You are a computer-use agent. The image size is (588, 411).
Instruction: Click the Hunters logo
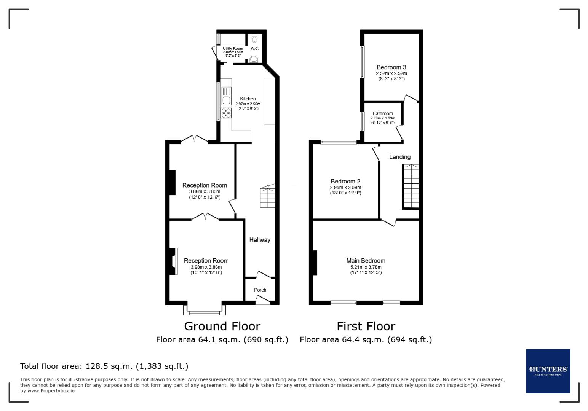548,371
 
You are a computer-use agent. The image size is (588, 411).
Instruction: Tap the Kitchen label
248,99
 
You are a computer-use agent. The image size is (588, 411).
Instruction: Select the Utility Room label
233,49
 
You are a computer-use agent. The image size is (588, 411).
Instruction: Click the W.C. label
255,49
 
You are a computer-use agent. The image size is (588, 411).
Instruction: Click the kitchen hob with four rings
226,113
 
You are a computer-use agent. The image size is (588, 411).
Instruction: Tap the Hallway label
260,240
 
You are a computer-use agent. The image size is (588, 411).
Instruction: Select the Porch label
260,290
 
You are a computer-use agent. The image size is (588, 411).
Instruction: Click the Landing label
400,157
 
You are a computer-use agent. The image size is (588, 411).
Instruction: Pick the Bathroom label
383,113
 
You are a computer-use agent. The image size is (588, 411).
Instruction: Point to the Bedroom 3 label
391,67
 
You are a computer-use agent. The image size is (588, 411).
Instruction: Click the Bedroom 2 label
345,182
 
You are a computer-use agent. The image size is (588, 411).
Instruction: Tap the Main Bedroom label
366,261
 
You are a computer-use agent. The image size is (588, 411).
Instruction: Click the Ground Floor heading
222,327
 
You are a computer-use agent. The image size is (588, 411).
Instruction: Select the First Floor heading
366,327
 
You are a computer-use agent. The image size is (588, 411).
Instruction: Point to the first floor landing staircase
411,186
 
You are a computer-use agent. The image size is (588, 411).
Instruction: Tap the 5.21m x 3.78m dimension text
366,267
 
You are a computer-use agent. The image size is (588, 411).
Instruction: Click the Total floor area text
104,366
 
